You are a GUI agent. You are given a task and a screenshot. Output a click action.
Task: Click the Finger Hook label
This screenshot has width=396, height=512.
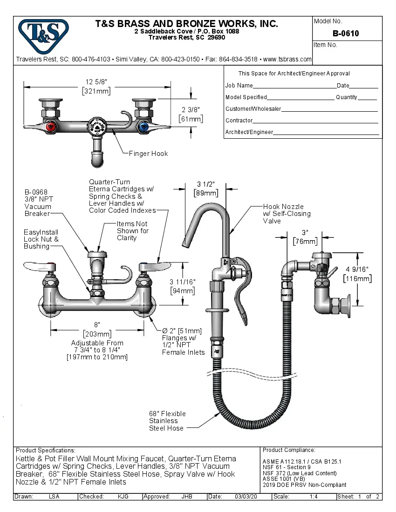(148, 154)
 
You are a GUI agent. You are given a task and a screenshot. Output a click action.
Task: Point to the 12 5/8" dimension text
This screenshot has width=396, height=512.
(96, 81)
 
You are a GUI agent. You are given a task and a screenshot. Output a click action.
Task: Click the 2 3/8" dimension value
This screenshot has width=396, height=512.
(191, 110)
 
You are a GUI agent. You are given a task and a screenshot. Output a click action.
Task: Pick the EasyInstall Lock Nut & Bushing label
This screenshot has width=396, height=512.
(41, 239)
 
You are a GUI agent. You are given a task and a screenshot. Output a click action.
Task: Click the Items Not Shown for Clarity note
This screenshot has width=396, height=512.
(133, 231)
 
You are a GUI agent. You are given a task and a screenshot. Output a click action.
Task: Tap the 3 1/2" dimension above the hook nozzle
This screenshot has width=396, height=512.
(205, 185)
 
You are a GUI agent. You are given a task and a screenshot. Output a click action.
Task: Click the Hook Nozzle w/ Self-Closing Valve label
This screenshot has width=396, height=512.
(286, 214)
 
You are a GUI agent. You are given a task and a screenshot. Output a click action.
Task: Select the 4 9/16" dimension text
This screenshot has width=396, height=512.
(357, 269)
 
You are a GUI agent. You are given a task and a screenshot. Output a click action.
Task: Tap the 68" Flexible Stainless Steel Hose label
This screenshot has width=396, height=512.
(167, 421)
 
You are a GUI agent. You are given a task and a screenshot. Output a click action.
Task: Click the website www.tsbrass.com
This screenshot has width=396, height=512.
(287, 60)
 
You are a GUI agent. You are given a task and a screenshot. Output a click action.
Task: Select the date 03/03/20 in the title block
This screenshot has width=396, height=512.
(246, 497)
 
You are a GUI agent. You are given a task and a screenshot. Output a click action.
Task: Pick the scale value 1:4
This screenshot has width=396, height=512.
(314, 497)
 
